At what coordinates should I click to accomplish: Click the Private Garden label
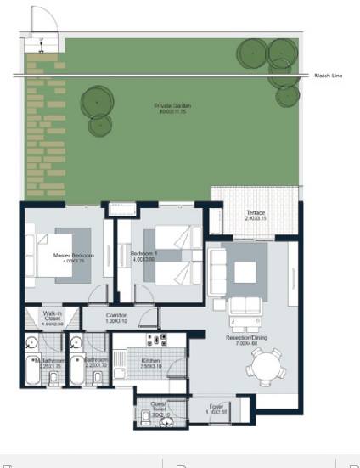click(x=172, y=106)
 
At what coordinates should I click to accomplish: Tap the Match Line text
click(x=329, y=76)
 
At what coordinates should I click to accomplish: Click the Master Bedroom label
click(x=73, y=256)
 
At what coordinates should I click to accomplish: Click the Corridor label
click(x=116, y=319)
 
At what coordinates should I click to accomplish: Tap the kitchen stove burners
click(x=155, y=341)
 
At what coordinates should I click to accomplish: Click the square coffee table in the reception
click(x=245, y=270)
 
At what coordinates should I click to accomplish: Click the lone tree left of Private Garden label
click(x=98, y=103)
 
